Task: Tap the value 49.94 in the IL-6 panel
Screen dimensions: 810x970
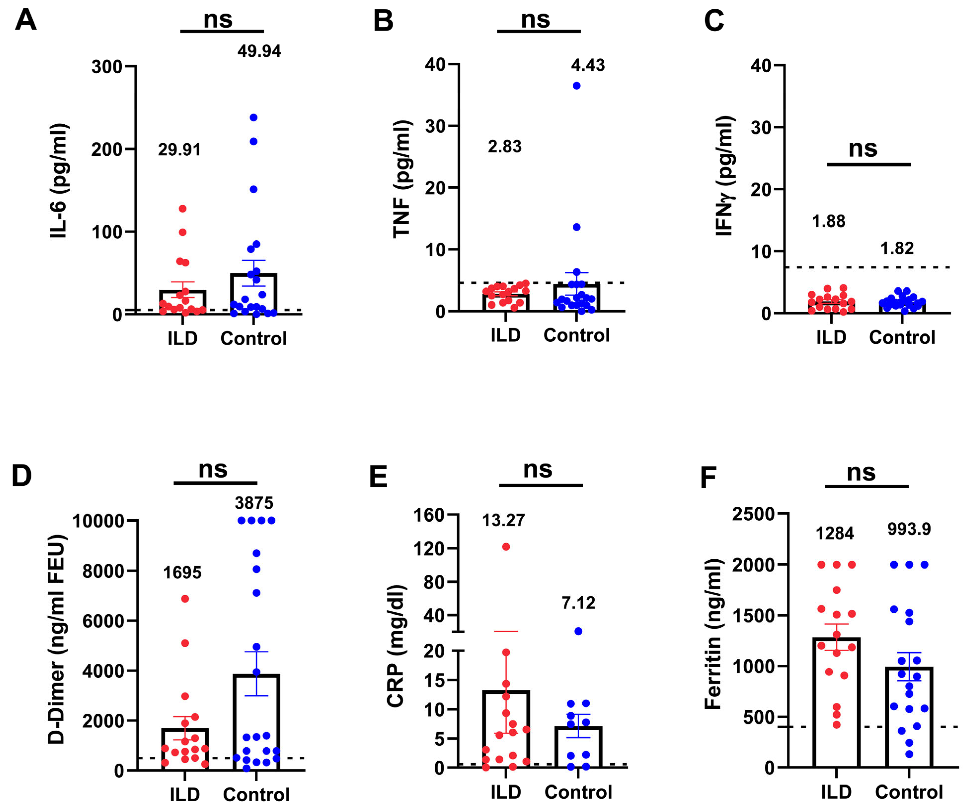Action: point(259,51)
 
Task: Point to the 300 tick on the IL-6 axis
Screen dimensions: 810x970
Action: point(107,67)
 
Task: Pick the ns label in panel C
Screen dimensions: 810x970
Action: point(862,149)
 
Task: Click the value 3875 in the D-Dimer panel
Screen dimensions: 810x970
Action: point(254,503)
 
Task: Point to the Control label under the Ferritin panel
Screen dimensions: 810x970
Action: point(909,792)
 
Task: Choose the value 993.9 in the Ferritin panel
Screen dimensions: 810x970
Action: point(909,529)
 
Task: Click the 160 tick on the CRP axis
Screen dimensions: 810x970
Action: point(429,515)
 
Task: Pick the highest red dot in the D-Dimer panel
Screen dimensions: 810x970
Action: point(185,599)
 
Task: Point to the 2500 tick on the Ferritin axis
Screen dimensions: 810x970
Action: point(753,514)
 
